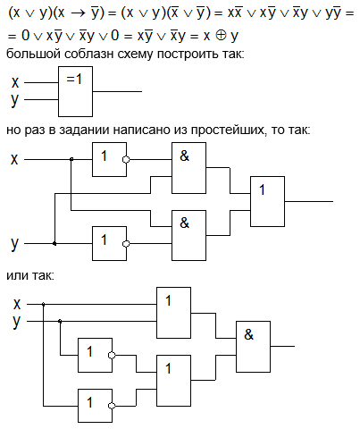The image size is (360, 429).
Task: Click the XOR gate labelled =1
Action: pos(75,91)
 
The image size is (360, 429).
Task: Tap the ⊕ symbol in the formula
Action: pos(221,36)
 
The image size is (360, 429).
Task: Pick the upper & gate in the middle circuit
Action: pos(188,168)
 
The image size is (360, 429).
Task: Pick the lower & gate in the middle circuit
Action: pos(188,235)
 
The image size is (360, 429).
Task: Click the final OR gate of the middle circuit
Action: pos(267,201)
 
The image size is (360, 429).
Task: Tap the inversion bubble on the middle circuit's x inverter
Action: pos(126,160)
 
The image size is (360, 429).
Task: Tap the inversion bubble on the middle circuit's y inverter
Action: pos(126,244)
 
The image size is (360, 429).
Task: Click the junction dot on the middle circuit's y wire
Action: pos(54,244)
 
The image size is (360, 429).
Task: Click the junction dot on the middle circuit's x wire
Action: pos(71,160)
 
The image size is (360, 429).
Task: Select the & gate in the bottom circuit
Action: pos(253,347)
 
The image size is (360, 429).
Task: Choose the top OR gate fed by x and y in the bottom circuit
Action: pos(173,313)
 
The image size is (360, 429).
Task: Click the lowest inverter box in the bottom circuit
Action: pos(95,406)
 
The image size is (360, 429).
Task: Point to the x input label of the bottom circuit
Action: pos(17,304)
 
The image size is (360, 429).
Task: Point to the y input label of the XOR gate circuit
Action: pos(14,100)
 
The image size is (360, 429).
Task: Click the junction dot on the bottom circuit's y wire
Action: pos(60,321)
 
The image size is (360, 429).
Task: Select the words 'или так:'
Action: pos(30,275)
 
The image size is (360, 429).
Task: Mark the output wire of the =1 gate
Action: pos(117,91)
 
